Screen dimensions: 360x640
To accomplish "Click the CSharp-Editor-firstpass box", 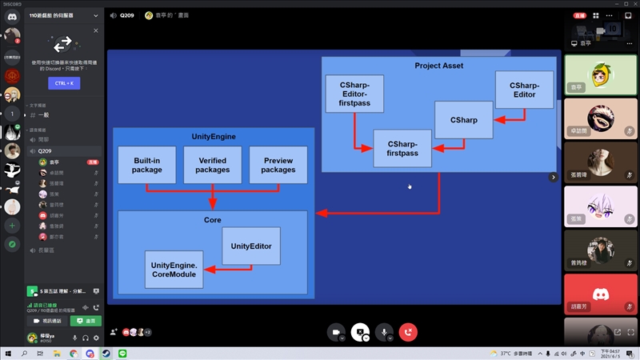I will pyautogui.click(x=354, y=94).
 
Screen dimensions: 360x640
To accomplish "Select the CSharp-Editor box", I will pyautogui.click(x=524, y=90).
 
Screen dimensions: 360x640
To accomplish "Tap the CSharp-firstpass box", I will pyautogui.click(x=402, y=148).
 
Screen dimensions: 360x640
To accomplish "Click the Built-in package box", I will pyautogui.click(x=146, y=165).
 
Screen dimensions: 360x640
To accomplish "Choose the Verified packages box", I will pyautogui.click(x=213, y=165).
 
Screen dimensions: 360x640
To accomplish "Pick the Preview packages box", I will pyautogui.click(x=278, y=165).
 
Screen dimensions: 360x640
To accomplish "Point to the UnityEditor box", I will pyautogui.click(x=250, y=246).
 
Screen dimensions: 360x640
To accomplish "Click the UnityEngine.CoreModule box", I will pyautogui.click(x=174, y=270).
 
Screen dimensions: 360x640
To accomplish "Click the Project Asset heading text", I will pyautogui.click(x=438, y=66).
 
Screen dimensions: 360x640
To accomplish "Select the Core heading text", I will pyautogui.click(x=212, y=219).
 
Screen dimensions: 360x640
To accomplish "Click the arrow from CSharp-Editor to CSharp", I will pyautogui.click(x=510, y=120).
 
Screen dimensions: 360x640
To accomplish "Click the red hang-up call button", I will pyautogui.click(x=409, y=332).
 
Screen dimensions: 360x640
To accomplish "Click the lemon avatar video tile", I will pyautogui.click(x=594, y=74).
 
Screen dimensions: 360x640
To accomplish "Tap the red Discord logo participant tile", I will pyautogui.click(x=594, y=293).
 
